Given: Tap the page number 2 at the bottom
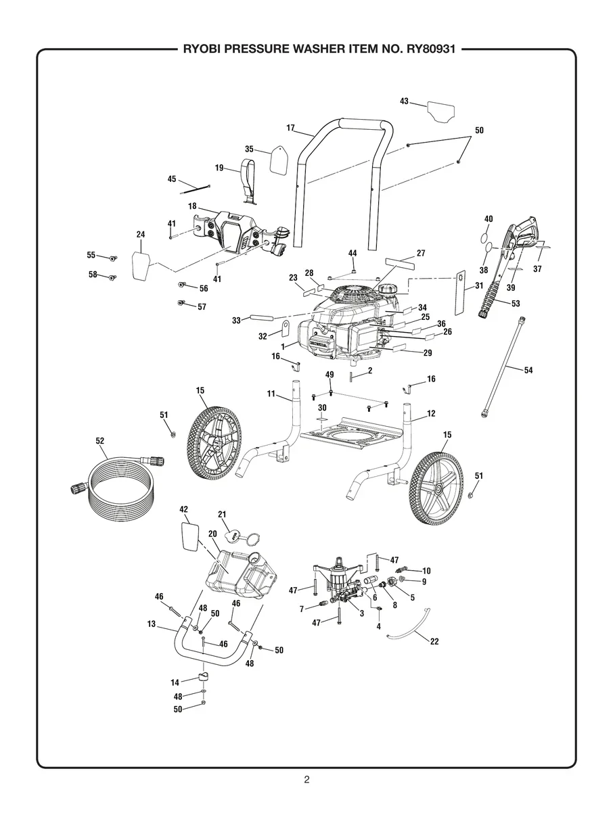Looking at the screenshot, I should pyautogui.click(x=306, y=779).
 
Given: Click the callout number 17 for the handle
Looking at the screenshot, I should pyautogui.click(x=290, y=128).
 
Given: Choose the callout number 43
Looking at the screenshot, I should pyautogui.click(x=404, y=101).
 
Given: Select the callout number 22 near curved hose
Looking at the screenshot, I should pyautogui.click(x=434, y=641).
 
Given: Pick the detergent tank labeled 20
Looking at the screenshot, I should pyautogui.click(x=241, y=574).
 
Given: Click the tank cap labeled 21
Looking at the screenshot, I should pyautogui.click(x=237, y=538).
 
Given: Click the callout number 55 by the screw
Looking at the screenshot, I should pyautogui.click(x=91, y=255).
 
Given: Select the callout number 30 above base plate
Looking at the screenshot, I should pyautogui.click(x=322, y=408).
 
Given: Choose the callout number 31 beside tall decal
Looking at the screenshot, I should pyautogui.click(x=479, y=285).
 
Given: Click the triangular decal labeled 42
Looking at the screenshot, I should pyautogui.click(x=189, y=538).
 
